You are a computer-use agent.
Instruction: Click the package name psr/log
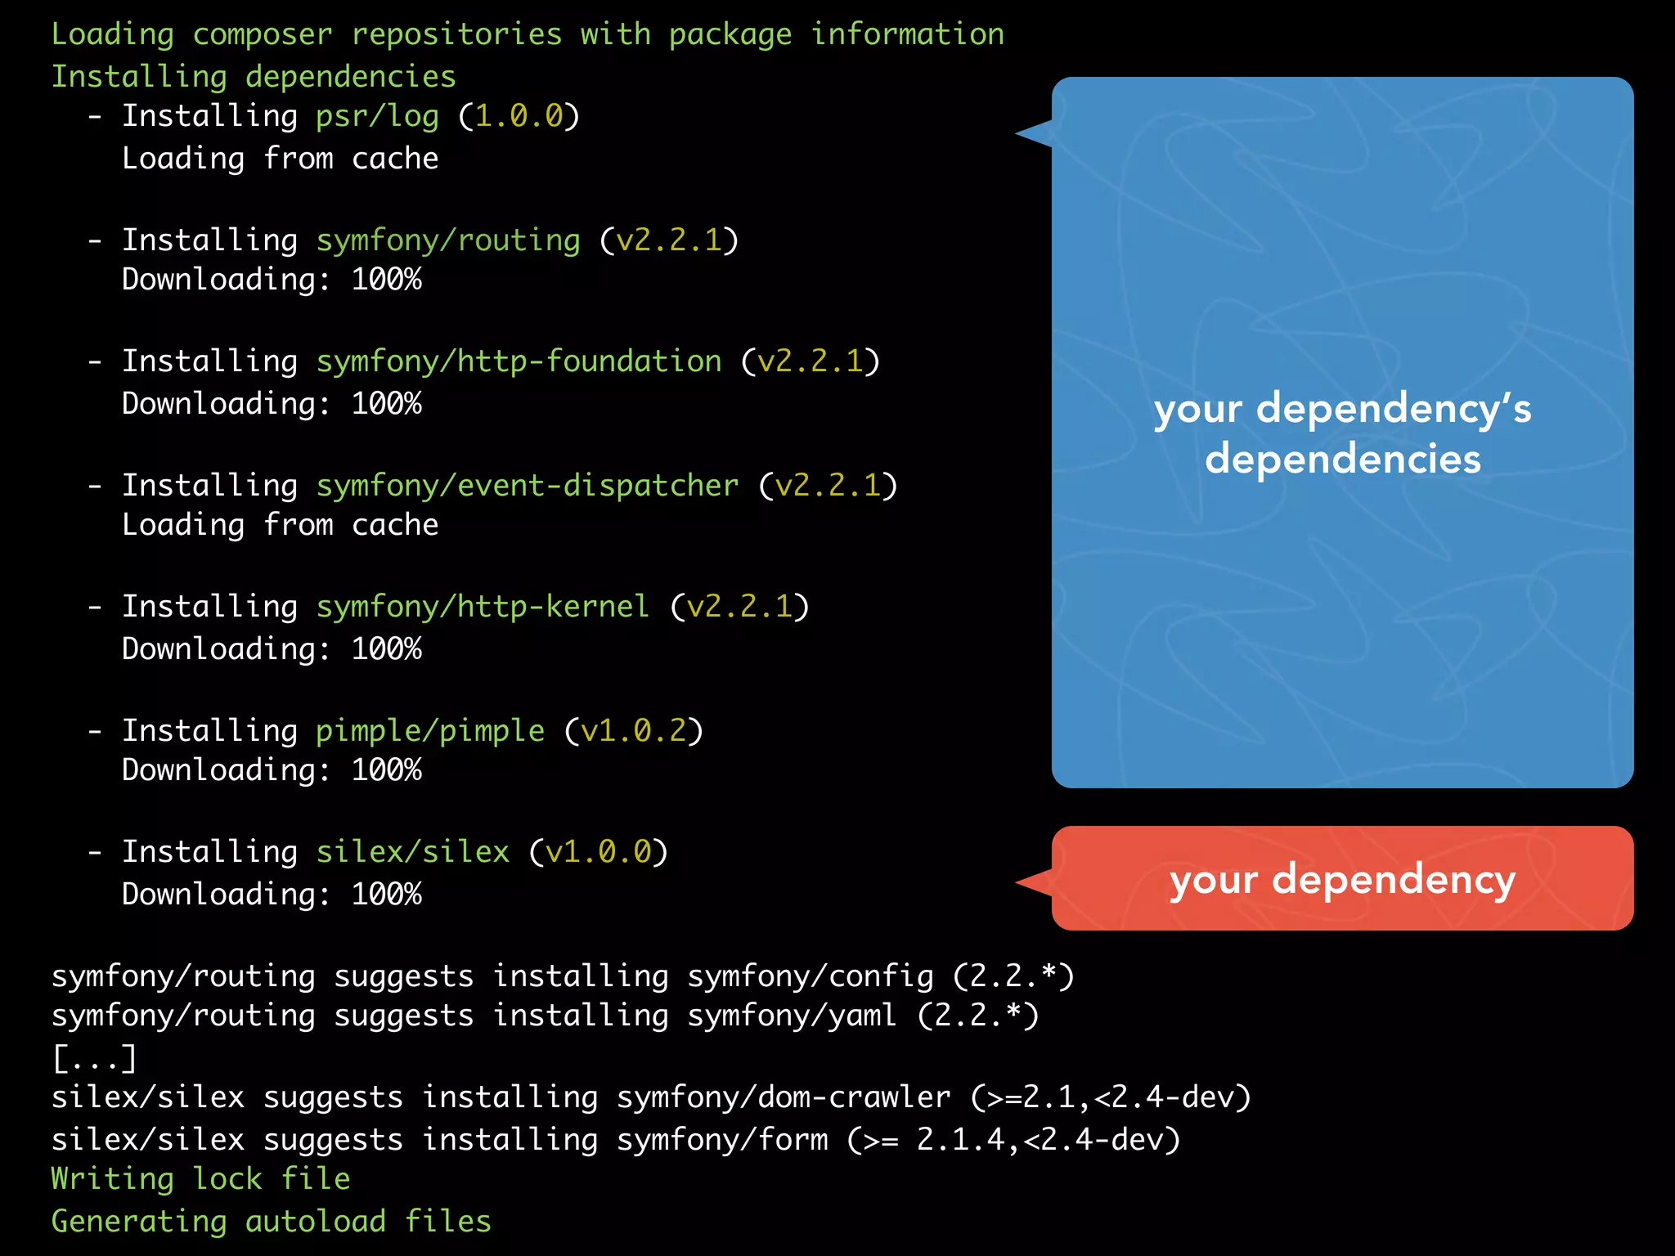point(377,117)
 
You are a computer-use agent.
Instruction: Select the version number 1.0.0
point(519,117)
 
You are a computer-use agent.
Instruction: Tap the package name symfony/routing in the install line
point(448,240)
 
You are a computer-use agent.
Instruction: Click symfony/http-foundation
point(519,361)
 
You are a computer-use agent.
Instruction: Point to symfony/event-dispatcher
point(528,486)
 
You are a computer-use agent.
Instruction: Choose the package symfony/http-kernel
point(483,607)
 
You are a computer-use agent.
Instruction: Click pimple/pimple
point(430,731)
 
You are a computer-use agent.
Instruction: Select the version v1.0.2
point(634,731)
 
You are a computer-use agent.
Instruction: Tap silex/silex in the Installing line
point(413,852)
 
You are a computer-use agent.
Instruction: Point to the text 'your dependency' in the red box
point(1342,880)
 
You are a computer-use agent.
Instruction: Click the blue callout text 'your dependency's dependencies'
point(1342,433)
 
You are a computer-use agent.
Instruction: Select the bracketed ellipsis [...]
point(94,1058)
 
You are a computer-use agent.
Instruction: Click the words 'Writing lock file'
point(200,1179)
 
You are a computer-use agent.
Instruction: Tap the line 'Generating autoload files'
point(271,1222)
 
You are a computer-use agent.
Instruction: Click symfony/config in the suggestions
point(810,976)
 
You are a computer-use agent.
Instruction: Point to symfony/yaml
point(792,1016)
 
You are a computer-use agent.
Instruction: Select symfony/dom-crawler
point(784,1097)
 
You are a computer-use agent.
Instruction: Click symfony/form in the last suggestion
point(722,1140)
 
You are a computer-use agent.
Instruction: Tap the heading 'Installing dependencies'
point(254,77)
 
